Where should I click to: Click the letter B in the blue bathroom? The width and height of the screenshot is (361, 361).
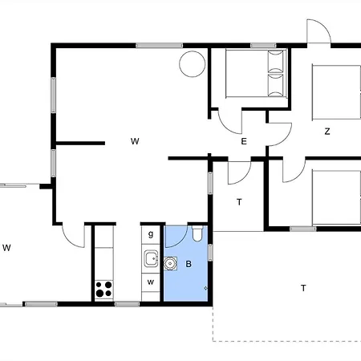point(189,264)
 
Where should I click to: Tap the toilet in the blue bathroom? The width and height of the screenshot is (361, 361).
point(198,233)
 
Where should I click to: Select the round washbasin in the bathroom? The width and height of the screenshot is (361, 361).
point(170,264)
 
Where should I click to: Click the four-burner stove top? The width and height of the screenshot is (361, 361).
point(104,289)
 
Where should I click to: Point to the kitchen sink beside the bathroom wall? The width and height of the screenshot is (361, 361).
point(152,258)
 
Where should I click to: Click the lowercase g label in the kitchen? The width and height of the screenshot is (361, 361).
point(151,234)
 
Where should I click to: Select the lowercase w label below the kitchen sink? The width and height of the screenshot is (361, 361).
point(151,282)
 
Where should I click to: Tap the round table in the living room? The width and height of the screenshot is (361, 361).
point(193,64)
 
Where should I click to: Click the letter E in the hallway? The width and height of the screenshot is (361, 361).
point(244,141)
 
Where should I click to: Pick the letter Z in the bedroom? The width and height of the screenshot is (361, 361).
point(327,132)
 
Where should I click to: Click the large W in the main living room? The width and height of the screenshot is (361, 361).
point(135,141)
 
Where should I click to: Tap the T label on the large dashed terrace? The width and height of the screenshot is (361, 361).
point(303,288)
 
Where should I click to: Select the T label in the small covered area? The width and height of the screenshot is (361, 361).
point(239,202)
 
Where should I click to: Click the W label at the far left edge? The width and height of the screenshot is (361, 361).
point(6,248)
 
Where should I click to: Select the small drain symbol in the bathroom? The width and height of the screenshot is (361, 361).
point(205,288)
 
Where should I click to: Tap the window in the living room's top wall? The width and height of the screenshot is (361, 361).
point(159,46)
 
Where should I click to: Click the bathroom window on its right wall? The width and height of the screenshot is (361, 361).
point(210,253)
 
